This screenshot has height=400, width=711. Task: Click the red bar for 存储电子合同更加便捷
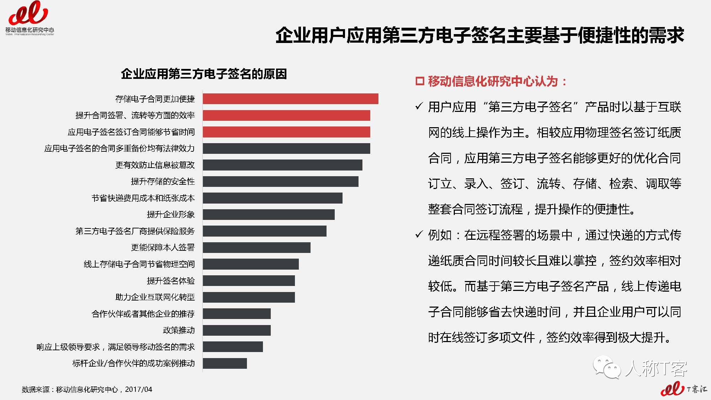pos(290,99)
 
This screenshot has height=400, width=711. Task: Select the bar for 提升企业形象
pos(269,215)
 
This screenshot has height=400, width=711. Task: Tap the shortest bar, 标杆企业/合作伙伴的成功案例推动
pos(225,363)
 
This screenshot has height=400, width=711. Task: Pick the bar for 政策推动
pos(237,330)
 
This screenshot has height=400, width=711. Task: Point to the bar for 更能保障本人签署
pos(257,248)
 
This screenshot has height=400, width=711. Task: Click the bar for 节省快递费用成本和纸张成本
pos(273,198)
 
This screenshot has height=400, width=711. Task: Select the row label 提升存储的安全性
pos(163,182)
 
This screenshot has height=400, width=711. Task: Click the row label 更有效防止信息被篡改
pos(155,165)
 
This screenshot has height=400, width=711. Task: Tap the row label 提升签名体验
pos(171,281)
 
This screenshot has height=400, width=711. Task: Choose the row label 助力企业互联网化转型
pos(155,297)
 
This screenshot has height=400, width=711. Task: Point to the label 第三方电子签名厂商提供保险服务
pos(135,231)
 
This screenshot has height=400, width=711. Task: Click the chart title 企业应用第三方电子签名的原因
pos(204,74)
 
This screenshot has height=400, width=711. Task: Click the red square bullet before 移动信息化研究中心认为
pos(420,81)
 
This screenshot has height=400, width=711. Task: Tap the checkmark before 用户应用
pos(419,106)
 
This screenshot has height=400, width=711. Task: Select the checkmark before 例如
pos(419,234)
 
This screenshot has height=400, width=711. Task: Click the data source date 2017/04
pos(139,389)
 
